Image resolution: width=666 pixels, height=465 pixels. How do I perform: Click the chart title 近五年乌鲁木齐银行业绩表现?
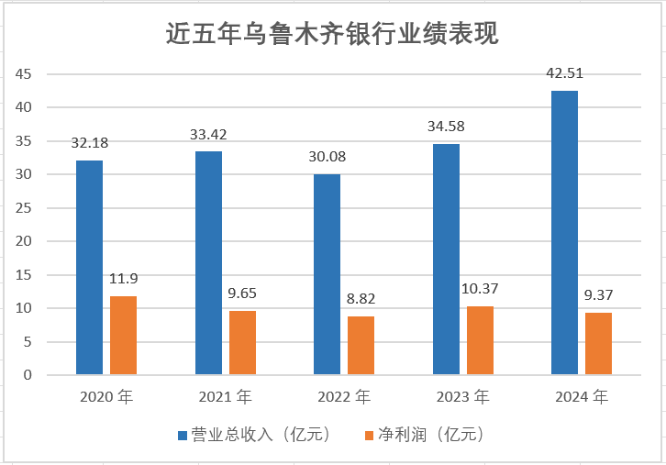click(332, 34)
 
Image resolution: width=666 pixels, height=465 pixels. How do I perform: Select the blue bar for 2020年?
click(89, 267)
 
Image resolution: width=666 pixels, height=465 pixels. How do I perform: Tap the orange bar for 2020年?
click(123, 335)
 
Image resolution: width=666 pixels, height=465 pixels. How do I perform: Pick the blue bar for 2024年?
click(564, 232)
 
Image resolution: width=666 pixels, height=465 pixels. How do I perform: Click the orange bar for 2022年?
click(361, 345)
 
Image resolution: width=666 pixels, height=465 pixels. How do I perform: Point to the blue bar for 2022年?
click(327, 274)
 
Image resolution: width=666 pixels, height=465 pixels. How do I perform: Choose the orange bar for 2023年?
click(480, 339)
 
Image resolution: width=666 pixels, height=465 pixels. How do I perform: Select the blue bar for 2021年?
click(208, 262)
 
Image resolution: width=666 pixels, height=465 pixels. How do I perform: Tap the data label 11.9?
click(123, 279)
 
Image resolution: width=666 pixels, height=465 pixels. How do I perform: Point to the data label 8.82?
click(361, 299)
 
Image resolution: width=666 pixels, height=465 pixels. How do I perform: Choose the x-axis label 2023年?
click(462, 397)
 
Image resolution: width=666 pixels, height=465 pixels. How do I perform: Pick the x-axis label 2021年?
click(225, 397)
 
